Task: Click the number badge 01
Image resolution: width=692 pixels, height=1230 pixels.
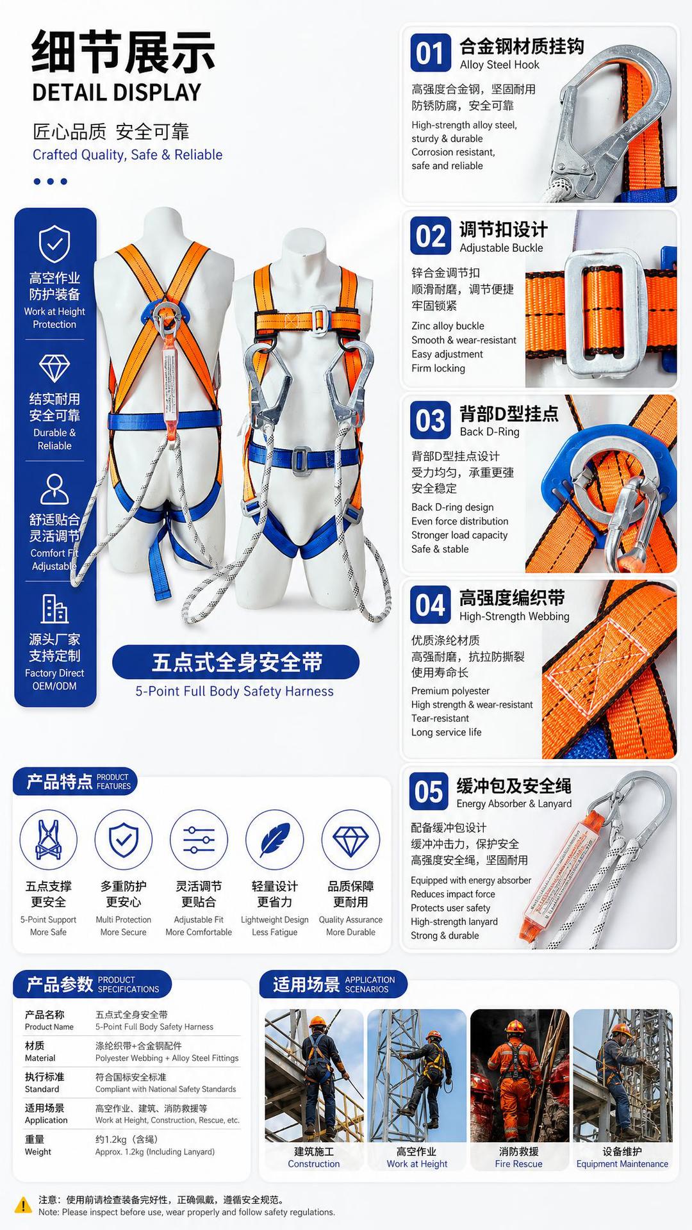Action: click(x=430, y=53)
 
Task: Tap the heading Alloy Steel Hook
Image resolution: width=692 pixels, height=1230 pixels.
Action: click(x=500, y=65)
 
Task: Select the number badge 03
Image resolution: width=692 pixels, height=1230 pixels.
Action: click(x=430, y=421)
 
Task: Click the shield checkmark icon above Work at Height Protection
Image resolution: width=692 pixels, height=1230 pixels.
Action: click(x=54, y=244)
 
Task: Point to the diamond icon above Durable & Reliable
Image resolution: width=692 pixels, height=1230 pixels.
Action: click(x=54, y=368)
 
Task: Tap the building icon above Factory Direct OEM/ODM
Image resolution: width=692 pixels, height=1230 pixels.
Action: click(x=54, y=609)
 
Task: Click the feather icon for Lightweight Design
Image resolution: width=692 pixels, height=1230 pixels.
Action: click(x=275, y=840)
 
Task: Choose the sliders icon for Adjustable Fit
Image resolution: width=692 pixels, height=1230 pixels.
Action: click(x=199, y=840)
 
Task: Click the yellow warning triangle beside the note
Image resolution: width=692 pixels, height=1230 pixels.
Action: click(x=23, y=1205)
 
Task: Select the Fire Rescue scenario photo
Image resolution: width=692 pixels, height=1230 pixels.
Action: click(x=520, y=1076)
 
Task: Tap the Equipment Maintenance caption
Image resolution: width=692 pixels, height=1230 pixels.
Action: click(x=622, y=1164)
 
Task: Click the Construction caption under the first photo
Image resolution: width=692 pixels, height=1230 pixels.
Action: click(x=314, y=1164)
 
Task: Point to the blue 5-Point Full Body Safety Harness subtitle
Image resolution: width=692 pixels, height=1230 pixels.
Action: click(x=235, y=691)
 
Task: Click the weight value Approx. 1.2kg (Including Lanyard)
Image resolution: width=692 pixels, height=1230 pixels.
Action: click(x=155, y=1152)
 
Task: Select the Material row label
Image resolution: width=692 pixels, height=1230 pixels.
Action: click(x=40, y=1052)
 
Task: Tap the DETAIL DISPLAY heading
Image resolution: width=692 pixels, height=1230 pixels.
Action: click(x=117, y=93)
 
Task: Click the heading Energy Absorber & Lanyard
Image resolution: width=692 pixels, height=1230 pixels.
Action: click(x=514, y=804)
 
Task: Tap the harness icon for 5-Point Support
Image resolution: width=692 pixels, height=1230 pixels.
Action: click(x=49, y=840)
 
